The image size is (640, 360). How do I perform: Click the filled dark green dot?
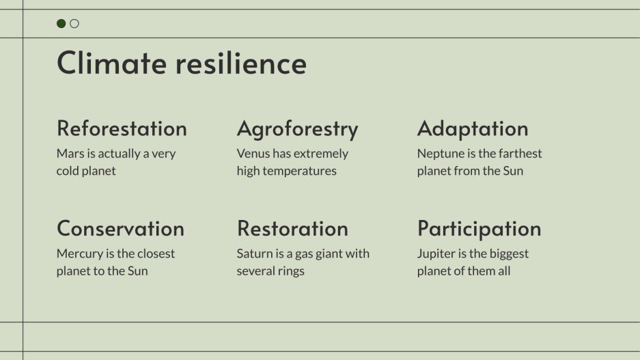tap(61, 24)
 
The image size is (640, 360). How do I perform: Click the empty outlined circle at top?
tap(74, 24)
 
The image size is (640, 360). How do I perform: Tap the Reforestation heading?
tap(122, 128)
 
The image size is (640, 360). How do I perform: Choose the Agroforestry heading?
tap(297, 128)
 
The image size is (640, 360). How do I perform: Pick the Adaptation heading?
tap(473, 128)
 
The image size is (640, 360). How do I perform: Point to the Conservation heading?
tap(120, 228)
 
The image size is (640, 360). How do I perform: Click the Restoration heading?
tap(292, 228)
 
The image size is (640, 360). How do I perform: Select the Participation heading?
tap(479, 228)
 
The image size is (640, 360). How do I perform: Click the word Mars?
tap(70, 154)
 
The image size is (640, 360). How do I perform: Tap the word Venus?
tap(253, 154)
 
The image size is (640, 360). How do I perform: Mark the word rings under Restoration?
tap(290, 271)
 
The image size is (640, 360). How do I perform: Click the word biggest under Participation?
tap(507, 253)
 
